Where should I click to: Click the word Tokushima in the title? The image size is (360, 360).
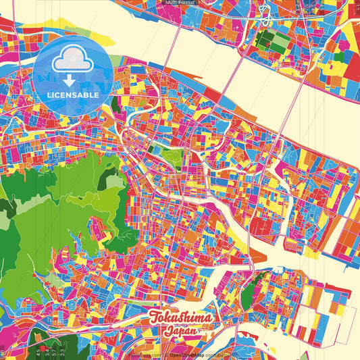click(x=180, y=318)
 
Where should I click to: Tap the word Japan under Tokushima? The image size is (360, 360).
click(x=181, y=332)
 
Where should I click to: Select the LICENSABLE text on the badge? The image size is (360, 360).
click(x=72, y=95)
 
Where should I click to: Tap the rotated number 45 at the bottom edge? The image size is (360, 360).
click(x=38, y=351)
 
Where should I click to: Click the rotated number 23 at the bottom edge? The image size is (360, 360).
click(x=63, y=351)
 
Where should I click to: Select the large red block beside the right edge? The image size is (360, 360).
click(x=353, y=64)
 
